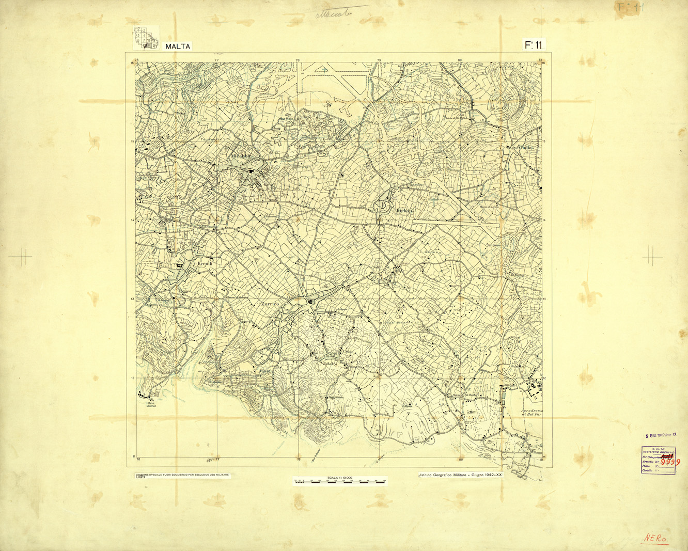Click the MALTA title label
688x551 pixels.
pos(178,46)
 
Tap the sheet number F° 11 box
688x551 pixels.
pos(534,45)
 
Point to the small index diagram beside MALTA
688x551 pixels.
pos(145,39)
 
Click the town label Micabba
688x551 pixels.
pos(241,155)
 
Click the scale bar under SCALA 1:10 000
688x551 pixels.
pos(339,482)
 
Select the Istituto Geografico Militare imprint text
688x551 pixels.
pos(460,474)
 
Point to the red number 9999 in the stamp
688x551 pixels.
pos(672,462)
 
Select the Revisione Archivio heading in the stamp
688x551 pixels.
pos(658,452)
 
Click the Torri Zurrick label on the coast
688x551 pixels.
pos(151,403)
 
